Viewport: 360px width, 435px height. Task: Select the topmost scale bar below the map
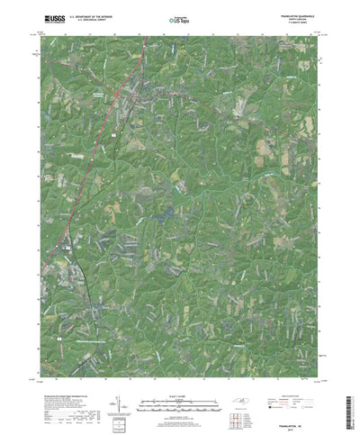[180, 397]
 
